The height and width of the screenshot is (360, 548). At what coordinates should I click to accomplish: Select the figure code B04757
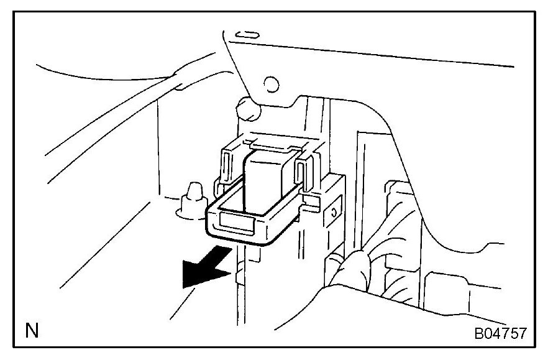click(x=500, y=333)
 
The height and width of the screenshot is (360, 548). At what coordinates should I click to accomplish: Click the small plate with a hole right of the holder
click(x=335, y=212)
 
